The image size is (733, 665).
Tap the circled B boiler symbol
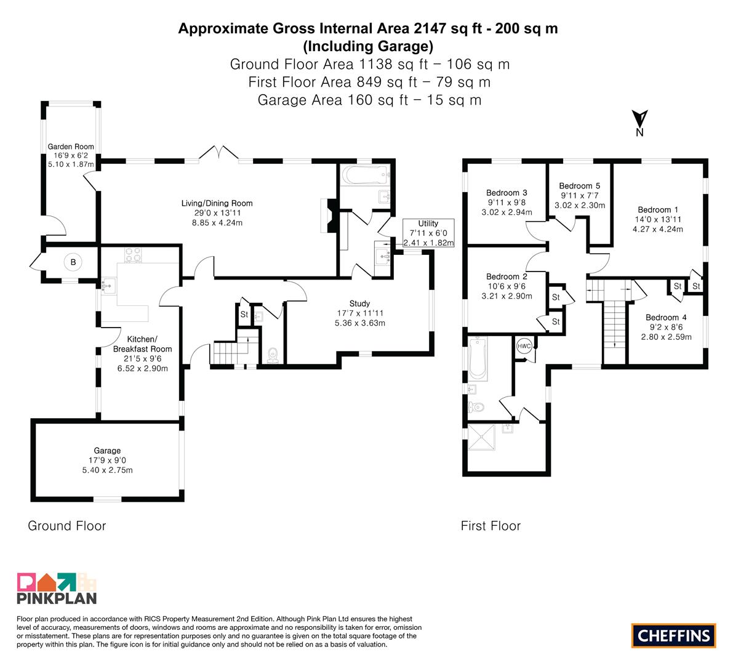coord(73,262)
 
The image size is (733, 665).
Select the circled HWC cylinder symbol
coord(524,346)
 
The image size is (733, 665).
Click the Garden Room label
coord(71,147)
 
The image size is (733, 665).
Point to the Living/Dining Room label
coord(217,203)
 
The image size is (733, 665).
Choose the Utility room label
coord(428,224)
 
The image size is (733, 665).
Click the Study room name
coord(359,304)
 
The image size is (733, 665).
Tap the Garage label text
coord(107,450)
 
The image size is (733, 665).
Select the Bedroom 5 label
coord(580,186)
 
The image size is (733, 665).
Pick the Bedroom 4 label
coord(666,318)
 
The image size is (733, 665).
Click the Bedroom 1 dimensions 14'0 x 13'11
coord(658,219)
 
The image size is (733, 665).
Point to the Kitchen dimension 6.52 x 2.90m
coord(143,368)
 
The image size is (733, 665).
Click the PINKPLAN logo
coord(57,588)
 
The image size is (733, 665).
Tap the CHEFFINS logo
coord(674,635)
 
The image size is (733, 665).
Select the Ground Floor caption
coord(67,526)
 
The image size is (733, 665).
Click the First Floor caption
coord(491,526)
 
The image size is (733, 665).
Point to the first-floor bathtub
coord(478,358)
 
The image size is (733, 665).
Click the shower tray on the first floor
coord(481,437)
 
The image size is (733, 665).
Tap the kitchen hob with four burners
coord(133,256)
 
